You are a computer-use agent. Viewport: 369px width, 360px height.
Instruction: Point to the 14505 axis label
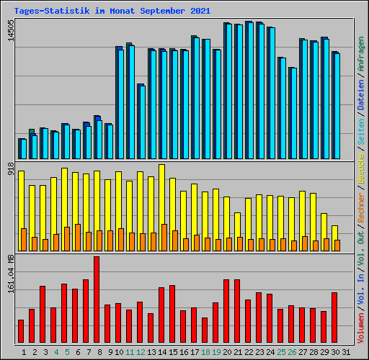point(10,35)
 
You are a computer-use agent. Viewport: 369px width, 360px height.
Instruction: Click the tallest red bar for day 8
point(97,300)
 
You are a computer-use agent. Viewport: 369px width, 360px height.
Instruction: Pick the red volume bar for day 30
point(334,318)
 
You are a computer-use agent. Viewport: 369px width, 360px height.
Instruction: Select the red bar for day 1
point(21,331)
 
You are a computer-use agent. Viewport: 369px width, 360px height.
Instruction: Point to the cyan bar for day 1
point(23,149)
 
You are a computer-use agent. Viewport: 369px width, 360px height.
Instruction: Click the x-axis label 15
point(173,352)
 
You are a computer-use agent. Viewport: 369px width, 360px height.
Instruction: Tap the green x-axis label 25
point(281,352)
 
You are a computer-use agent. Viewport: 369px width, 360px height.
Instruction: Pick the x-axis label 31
point(346,352)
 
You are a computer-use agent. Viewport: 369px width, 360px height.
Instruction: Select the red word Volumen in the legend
point(360,330)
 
